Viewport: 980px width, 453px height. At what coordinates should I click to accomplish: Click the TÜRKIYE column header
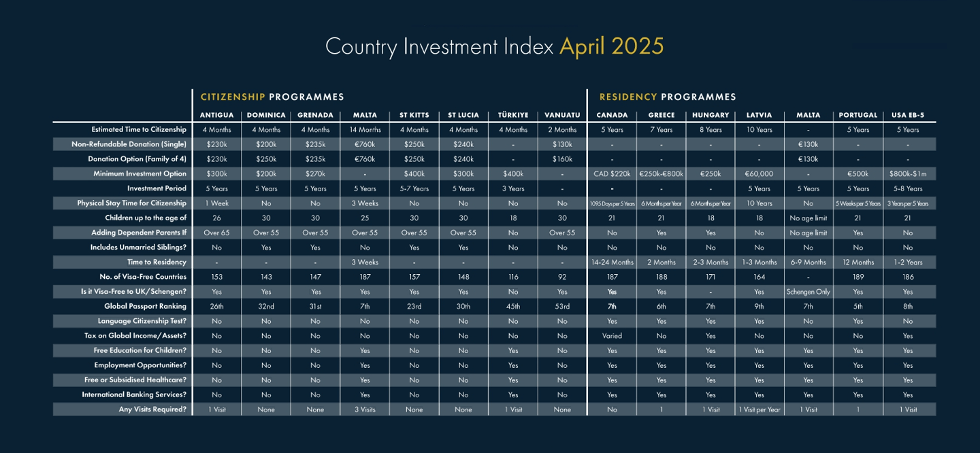[512, 115]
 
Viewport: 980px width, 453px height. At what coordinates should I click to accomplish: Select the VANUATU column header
[562, 115]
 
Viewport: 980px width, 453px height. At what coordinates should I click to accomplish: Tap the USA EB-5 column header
[908, 115]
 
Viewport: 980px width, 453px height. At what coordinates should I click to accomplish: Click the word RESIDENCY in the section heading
[628, 97]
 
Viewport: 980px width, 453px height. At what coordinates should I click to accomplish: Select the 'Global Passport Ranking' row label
[145, 306]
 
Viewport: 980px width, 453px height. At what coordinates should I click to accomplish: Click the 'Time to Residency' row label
[157, 262]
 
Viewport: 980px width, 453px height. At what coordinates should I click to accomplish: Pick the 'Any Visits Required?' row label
[152, 409]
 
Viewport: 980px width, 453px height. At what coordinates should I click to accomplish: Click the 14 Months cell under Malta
[365, 129]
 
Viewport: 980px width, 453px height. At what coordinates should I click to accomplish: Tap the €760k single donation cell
[365, 144]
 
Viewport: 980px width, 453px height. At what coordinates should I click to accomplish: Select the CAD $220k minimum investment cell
[612, 174]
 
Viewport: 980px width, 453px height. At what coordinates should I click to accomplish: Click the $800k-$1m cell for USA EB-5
[908, 174]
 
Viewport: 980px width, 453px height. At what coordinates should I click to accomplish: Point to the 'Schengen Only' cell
[808, 292]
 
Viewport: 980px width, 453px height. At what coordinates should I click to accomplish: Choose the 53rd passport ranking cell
[562, 307]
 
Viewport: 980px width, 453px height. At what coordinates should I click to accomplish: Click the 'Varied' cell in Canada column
[612, 336]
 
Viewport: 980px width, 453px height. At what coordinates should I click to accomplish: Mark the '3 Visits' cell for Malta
[365, 409]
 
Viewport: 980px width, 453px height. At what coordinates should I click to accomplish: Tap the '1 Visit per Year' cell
[759, 409]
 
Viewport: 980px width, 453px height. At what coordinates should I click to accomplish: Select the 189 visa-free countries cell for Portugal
[858, 277]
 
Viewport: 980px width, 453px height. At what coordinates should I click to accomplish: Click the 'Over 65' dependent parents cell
[216, 233]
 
